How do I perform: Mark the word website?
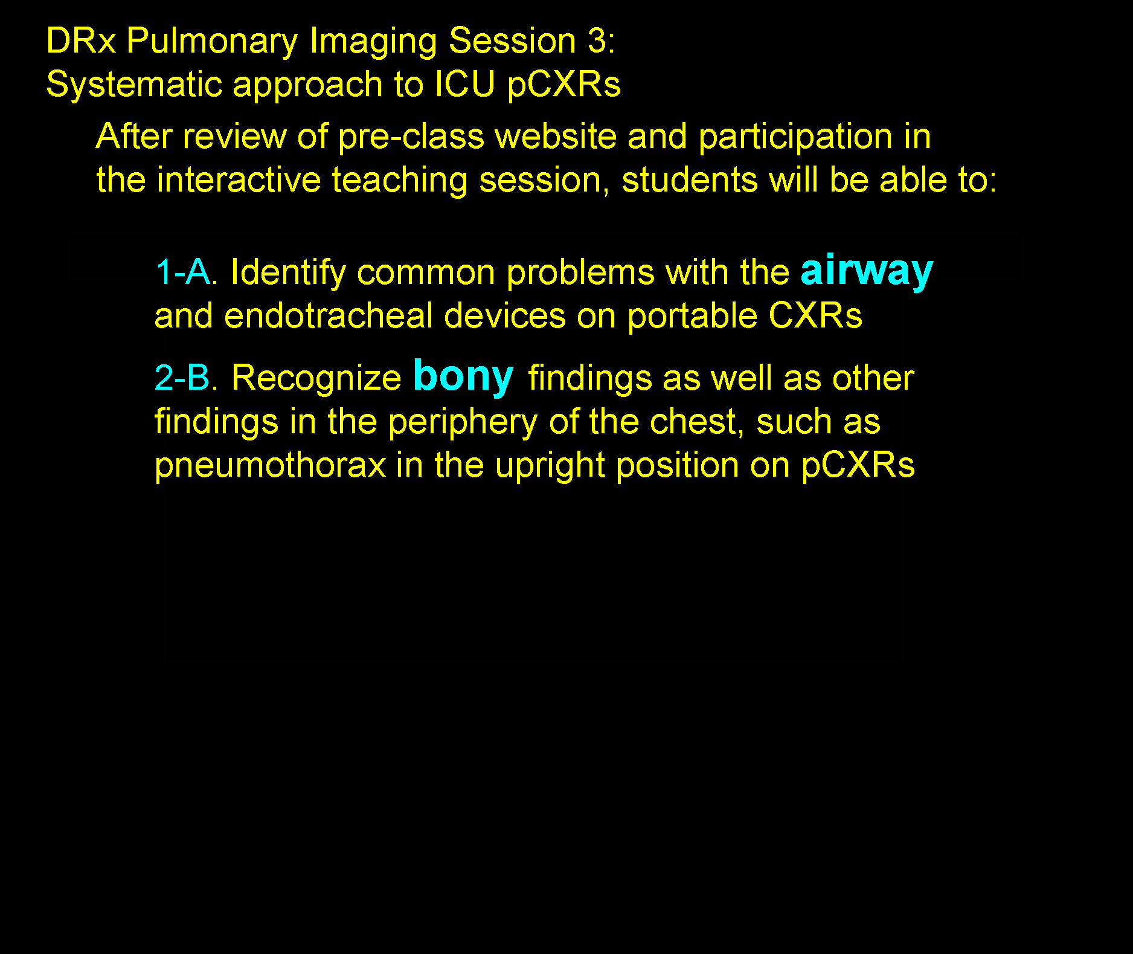click(556, 136)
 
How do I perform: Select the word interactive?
click(239, 180)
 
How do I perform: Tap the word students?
click(690, 180)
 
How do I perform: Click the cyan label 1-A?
click(185, 272)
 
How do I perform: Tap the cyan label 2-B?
click(185, 378)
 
